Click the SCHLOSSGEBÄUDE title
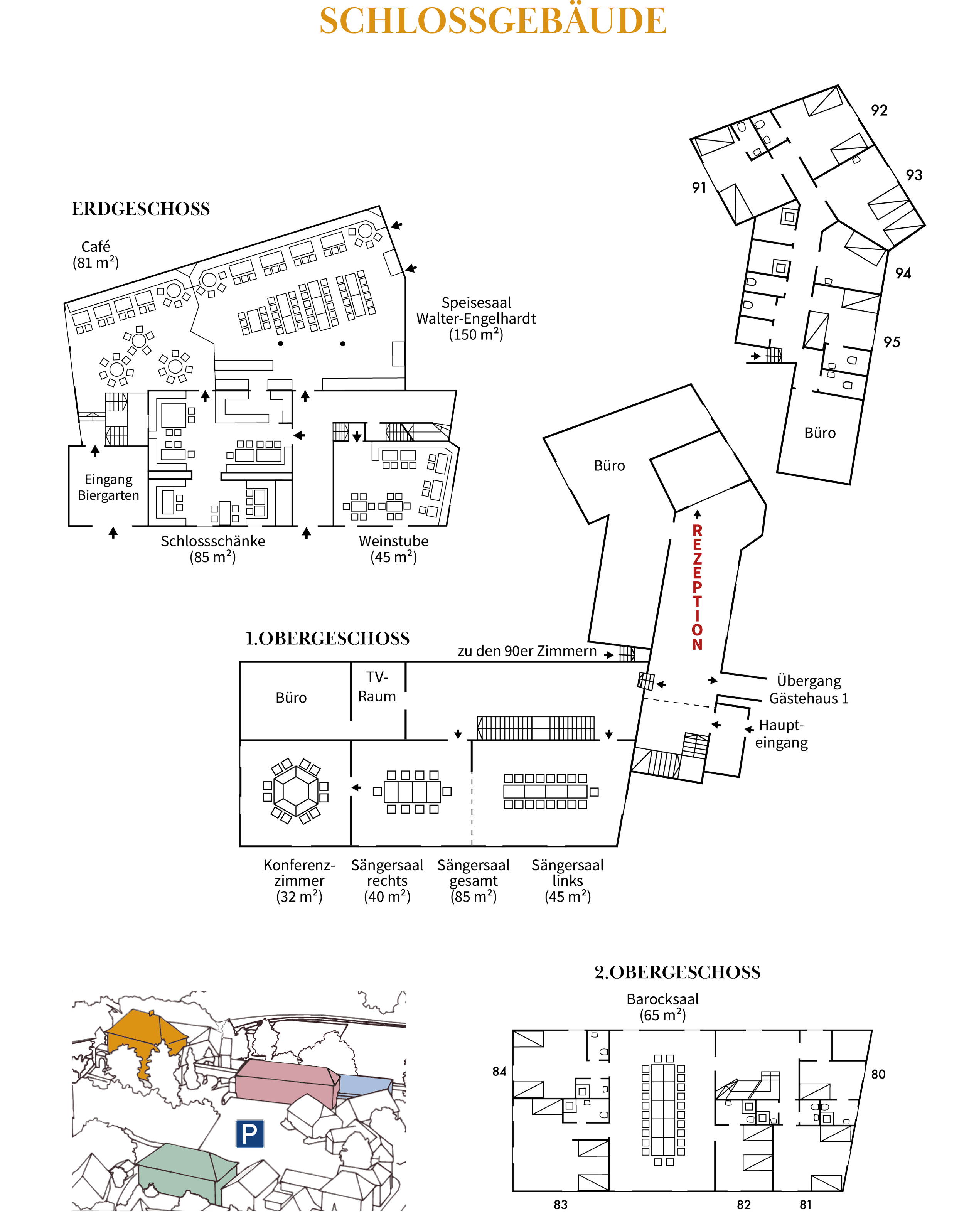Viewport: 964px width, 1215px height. pos(492,21)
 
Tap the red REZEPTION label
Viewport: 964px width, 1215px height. pos(697,588)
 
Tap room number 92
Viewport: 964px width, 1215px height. pos(879,110)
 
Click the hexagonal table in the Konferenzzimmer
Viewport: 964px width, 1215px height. pos(295,790)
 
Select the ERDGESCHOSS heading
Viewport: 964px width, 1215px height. pos(140,209)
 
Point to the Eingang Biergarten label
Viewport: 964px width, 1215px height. pos(109,487)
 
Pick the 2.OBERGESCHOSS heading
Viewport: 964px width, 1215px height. pos(677,972)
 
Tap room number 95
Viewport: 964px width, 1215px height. pos(892,342)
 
